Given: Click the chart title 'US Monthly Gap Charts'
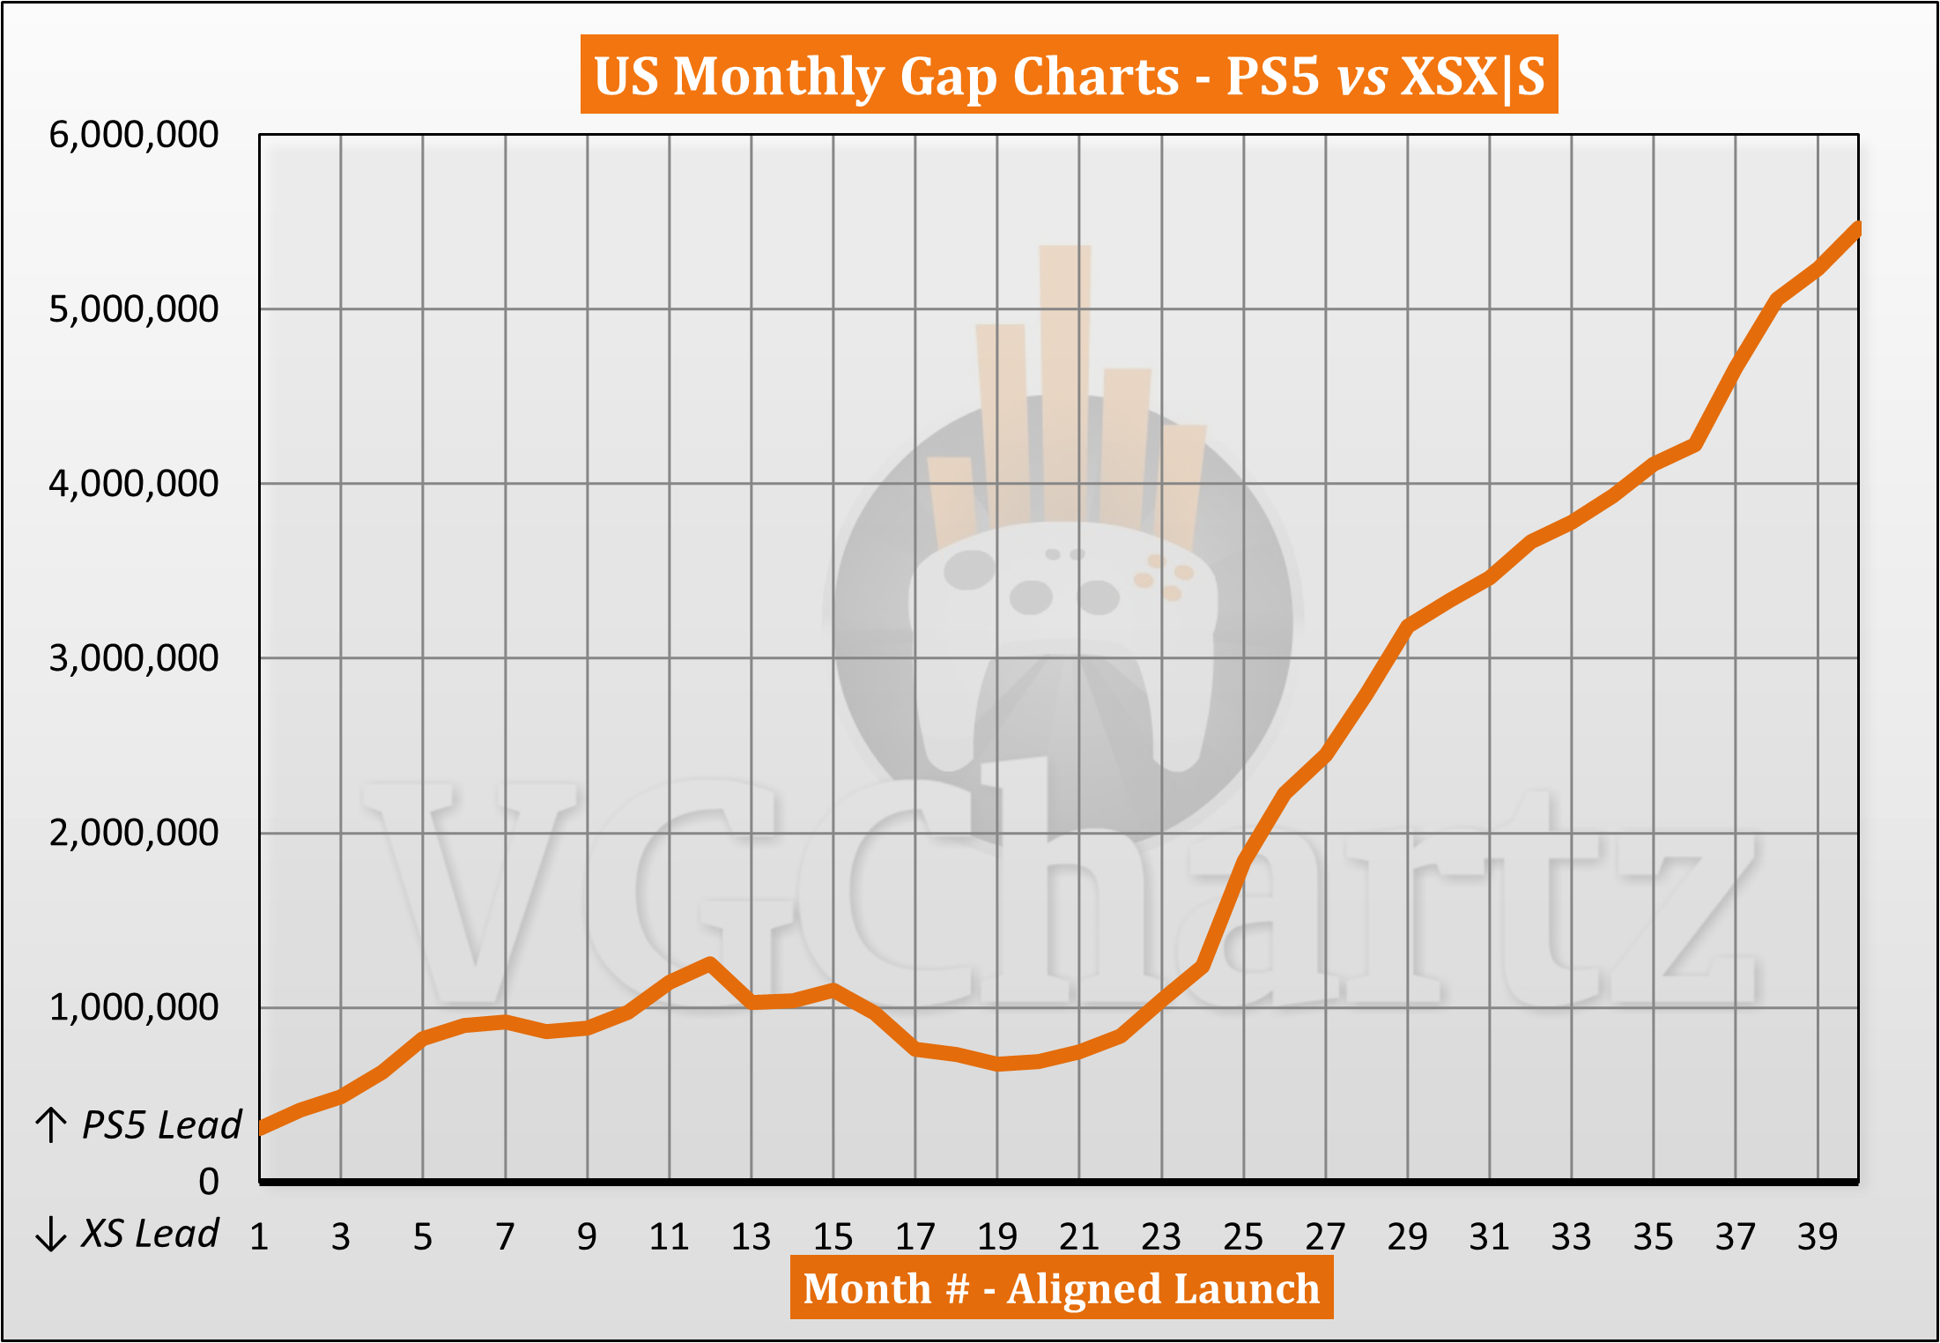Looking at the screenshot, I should [885, 76].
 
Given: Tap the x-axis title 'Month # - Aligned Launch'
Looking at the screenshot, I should [1061, 1289].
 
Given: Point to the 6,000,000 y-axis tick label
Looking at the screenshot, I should [134, 135].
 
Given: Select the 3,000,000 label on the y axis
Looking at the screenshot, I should [134, 658].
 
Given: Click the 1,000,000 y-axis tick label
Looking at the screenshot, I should [134, 1007].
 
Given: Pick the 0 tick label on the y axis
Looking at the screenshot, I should [209, 1182].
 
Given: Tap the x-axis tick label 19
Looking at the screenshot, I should [997, 1237].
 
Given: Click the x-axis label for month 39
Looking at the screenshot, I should [1818, 1237].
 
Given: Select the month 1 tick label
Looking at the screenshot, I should [259, 1237].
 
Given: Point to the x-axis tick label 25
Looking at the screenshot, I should [1243, 1237].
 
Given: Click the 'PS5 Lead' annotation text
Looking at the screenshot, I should [162, 1125].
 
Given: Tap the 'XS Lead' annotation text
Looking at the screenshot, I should [150, 1234].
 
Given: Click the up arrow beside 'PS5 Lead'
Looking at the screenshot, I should [51, 1125].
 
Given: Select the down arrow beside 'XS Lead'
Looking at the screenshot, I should [51, 1234].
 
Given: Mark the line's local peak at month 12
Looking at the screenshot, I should [710, 963].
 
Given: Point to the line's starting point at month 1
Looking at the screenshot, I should [261, 1129].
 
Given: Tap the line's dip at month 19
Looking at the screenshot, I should [997, 1064].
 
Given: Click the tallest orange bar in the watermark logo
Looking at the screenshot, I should [1065, 379].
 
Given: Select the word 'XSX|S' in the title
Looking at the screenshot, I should [1472, 76].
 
